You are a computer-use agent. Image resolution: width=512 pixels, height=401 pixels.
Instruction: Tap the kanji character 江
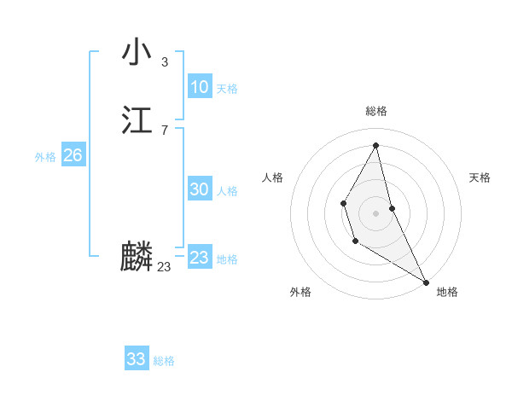click(x=137, y=120)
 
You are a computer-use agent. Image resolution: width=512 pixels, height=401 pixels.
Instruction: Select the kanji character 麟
click(x=137, y=257)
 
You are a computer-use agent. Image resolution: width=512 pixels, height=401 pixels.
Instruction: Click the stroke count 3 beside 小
click(x=164, y=61)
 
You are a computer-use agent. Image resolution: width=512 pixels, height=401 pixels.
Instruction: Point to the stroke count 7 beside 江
click(x=164, y=130)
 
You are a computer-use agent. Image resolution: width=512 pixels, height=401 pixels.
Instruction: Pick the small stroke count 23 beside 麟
click(x=164, y=267)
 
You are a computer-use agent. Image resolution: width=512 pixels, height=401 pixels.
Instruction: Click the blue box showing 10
click(x=199, y=87)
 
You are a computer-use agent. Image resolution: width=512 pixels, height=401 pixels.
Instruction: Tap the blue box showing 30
click(x=199, y=189)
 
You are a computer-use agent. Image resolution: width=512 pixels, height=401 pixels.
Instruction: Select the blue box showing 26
click(x=73, y=155)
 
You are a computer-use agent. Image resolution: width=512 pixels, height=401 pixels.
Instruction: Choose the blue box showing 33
click(x=137, y=359)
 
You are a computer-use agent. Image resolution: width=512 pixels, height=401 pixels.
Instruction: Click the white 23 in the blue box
click(x=199, y=258)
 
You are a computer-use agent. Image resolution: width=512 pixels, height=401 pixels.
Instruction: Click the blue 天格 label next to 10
click(x=227, y=89)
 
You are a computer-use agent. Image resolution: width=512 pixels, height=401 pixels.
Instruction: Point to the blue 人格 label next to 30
click(x=227, y=191)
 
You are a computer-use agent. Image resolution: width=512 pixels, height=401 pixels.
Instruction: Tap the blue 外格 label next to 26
click(x=45, y=157)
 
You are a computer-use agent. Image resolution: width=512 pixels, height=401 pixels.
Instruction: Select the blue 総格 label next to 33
click(x=164, y=361)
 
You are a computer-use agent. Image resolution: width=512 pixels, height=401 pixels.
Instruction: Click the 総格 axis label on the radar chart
click(x=376, y=111)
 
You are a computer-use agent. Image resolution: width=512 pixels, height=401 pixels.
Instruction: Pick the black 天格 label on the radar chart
click(x=480, y=177)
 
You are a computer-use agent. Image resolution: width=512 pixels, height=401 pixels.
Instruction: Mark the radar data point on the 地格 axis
click(x=427, y=282)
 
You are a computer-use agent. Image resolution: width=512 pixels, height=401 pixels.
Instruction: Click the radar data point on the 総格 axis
click(x=376, y=144)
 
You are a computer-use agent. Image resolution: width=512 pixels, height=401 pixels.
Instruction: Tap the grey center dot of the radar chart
click(x=376, y=212)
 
